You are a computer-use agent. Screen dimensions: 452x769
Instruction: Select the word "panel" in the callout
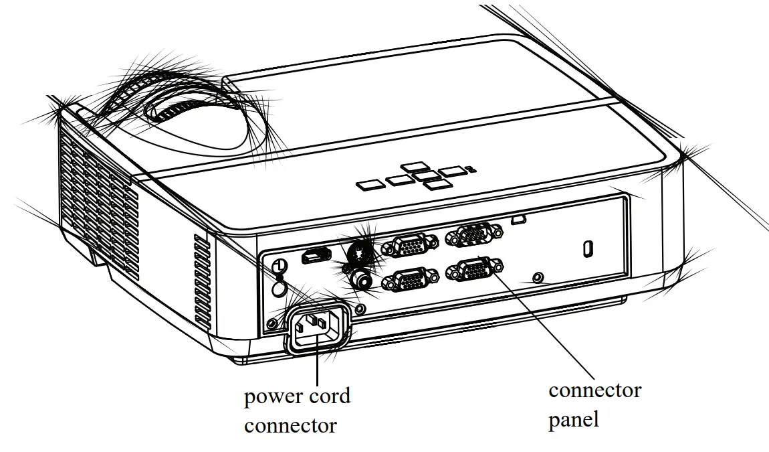pos(574,419)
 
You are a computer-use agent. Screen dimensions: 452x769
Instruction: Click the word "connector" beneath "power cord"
pos(290,425)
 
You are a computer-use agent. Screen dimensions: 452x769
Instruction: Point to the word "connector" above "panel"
pos(594,390)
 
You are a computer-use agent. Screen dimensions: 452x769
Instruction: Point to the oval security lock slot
pos(588,248)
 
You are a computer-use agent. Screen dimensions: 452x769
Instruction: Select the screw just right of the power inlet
pos(361,309)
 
